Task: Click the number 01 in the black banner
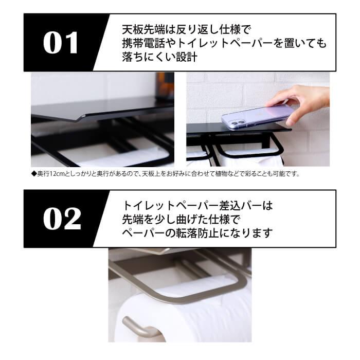[x=61, y=43]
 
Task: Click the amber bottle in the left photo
[x=165, y=85]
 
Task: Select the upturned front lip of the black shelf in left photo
[x=77, y=117]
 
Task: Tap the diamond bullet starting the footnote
[x=34, y=174]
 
